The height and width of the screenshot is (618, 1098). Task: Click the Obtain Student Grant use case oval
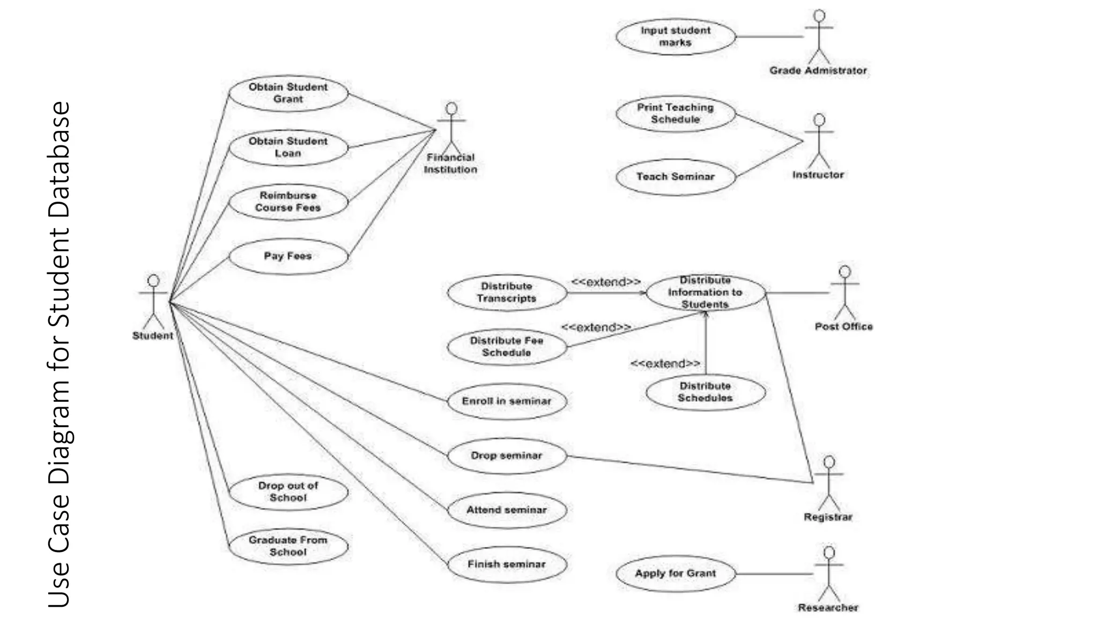tap(288, 93)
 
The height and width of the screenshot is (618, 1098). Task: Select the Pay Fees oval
tap(288, 256)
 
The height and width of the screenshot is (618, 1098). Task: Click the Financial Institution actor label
tap(450, 164)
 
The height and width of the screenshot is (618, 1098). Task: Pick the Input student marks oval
tap(676, 36)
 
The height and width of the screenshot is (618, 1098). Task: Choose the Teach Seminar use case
tap(676, 176)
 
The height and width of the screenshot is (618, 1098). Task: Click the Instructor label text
tap(818, 175)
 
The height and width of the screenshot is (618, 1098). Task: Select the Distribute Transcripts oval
tap(507, 292)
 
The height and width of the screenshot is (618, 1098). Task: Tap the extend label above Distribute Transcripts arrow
tap(606, 282)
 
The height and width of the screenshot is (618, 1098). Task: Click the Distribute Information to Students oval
tap(706, 292)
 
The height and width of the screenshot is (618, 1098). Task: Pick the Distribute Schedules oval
tap(706, 392)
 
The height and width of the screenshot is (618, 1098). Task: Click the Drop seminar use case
tap(507, 455)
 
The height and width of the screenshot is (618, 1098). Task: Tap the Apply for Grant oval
tap(676, 573)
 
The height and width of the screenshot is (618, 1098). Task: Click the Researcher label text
tap(828, 608)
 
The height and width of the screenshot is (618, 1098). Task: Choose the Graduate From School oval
tap(288, 546)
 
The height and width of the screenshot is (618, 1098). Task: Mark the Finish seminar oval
tap(507, 564)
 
